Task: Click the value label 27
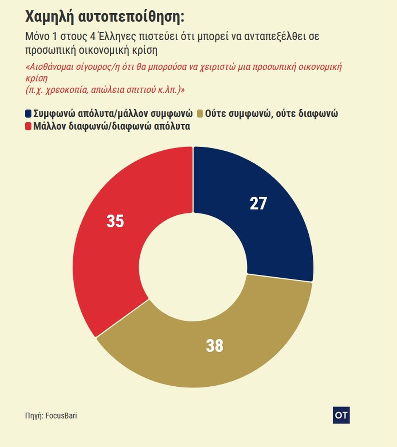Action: (x=258, y=203)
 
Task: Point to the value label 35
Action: (x=115, y=221)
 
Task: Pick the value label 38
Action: (x=214, y=346)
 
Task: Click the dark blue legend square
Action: (x=28, y=114)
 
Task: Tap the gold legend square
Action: (x=199, y=114)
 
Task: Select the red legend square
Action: (x=28, y=126)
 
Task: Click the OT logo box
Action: (x=341, y=415)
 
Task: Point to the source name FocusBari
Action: (x=61, y=416)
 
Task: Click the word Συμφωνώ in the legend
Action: (x=55, y=114)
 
